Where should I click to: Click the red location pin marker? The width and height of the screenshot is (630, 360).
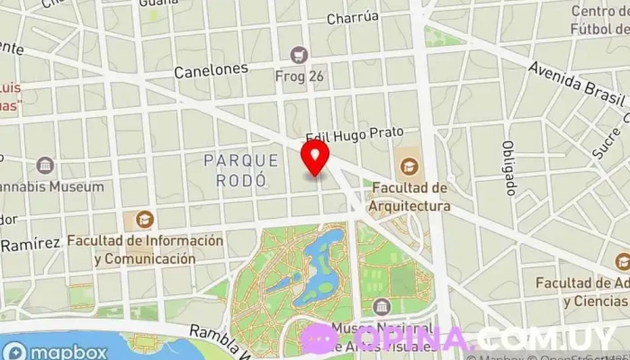coord(315,157)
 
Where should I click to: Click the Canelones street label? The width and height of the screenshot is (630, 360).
coord(211,70)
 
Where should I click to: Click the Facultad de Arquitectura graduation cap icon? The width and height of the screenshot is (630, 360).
coord(409,166)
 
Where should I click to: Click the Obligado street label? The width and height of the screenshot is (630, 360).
coord(508,167)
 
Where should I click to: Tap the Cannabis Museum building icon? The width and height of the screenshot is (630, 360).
coord(45,166)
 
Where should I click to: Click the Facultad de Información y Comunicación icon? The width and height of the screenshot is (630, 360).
coord(143,219)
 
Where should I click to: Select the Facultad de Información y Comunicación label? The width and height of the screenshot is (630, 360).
coord(144,249)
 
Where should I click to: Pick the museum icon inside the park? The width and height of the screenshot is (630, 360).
coord(382,307)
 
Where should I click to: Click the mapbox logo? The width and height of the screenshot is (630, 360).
coord(54,350)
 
